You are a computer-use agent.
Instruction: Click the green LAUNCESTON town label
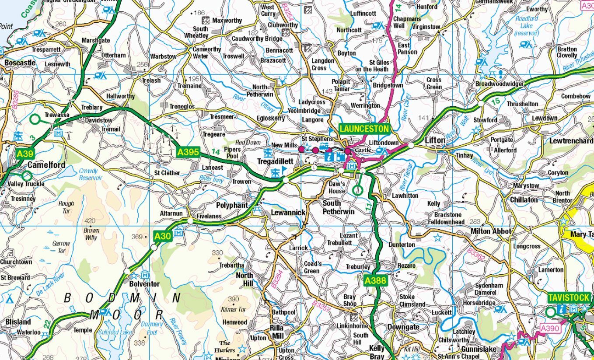coord(364,129)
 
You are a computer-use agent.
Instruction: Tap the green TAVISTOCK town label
coord(569,297)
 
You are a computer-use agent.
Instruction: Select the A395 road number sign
coord(189,152)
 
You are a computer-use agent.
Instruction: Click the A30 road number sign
coord(162,237)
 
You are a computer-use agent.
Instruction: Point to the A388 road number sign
coord(375,280)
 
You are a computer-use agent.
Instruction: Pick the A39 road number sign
coord(24,154)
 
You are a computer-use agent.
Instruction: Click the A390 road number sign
coord(549,328)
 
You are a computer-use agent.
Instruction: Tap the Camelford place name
coord(46,165)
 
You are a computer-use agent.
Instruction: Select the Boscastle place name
coord(20,63)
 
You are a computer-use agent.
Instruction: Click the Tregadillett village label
coord(275,161)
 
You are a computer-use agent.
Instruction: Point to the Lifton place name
coord(435,140)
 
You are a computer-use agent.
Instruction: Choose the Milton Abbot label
coord(490,231)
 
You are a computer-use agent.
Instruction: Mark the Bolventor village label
coord(144,284)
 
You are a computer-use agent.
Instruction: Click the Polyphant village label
coord(232,205)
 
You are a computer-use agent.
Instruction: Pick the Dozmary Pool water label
coord(151,328)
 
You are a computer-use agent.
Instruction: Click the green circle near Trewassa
coord(35,119)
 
